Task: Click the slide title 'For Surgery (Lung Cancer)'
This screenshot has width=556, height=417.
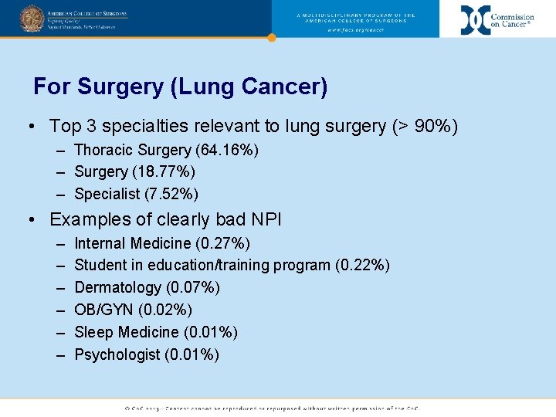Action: coord(181,86)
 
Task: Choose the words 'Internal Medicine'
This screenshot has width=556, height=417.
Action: coord(132,243)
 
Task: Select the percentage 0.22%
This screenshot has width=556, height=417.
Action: coord(362,265)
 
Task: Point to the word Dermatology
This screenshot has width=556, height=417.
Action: coord(117,287)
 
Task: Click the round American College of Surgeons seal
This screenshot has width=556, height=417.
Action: coord(32,18)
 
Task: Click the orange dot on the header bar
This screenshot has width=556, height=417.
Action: coord(271,37)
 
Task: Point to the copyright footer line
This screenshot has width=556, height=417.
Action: coord(278,408)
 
